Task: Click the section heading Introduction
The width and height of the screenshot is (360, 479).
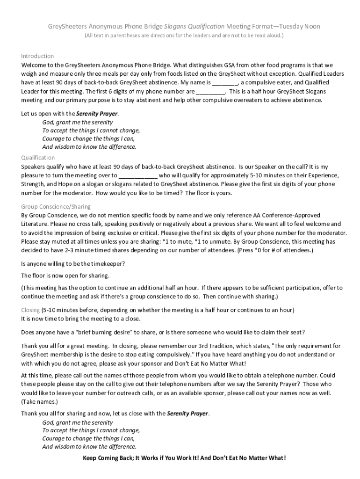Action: click(x=37, y=56)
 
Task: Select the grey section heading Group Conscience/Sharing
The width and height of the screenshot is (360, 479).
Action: click(x=56, y=206)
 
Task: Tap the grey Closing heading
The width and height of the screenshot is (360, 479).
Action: click(x=30, y=310)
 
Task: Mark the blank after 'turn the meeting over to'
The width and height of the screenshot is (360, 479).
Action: click(x=138, y=175)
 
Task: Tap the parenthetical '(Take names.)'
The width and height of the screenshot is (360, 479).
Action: click(x=40, y=402)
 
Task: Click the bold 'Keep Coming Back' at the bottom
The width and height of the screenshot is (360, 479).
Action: click(x=108, y=458)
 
